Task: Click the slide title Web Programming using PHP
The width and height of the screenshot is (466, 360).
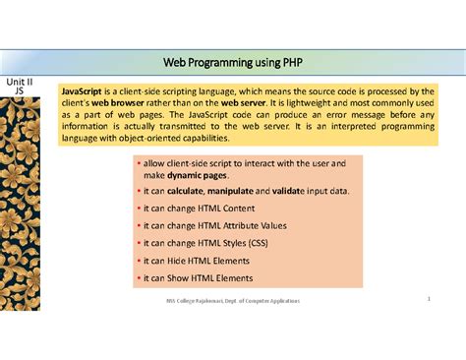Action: point(232,62)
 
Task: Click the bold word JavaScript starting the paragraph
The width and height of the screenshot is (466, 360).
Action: point(85,89)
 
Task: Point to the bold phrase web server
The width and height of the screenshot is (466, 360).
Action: point(243,101)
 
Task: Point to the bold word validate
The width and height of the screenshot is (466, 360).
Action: point(300,191)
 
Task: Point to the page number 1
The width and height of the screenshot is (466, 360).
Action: point(430,298)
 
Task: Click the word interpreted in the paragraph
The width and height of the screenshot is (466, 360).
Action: point(360,127)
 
